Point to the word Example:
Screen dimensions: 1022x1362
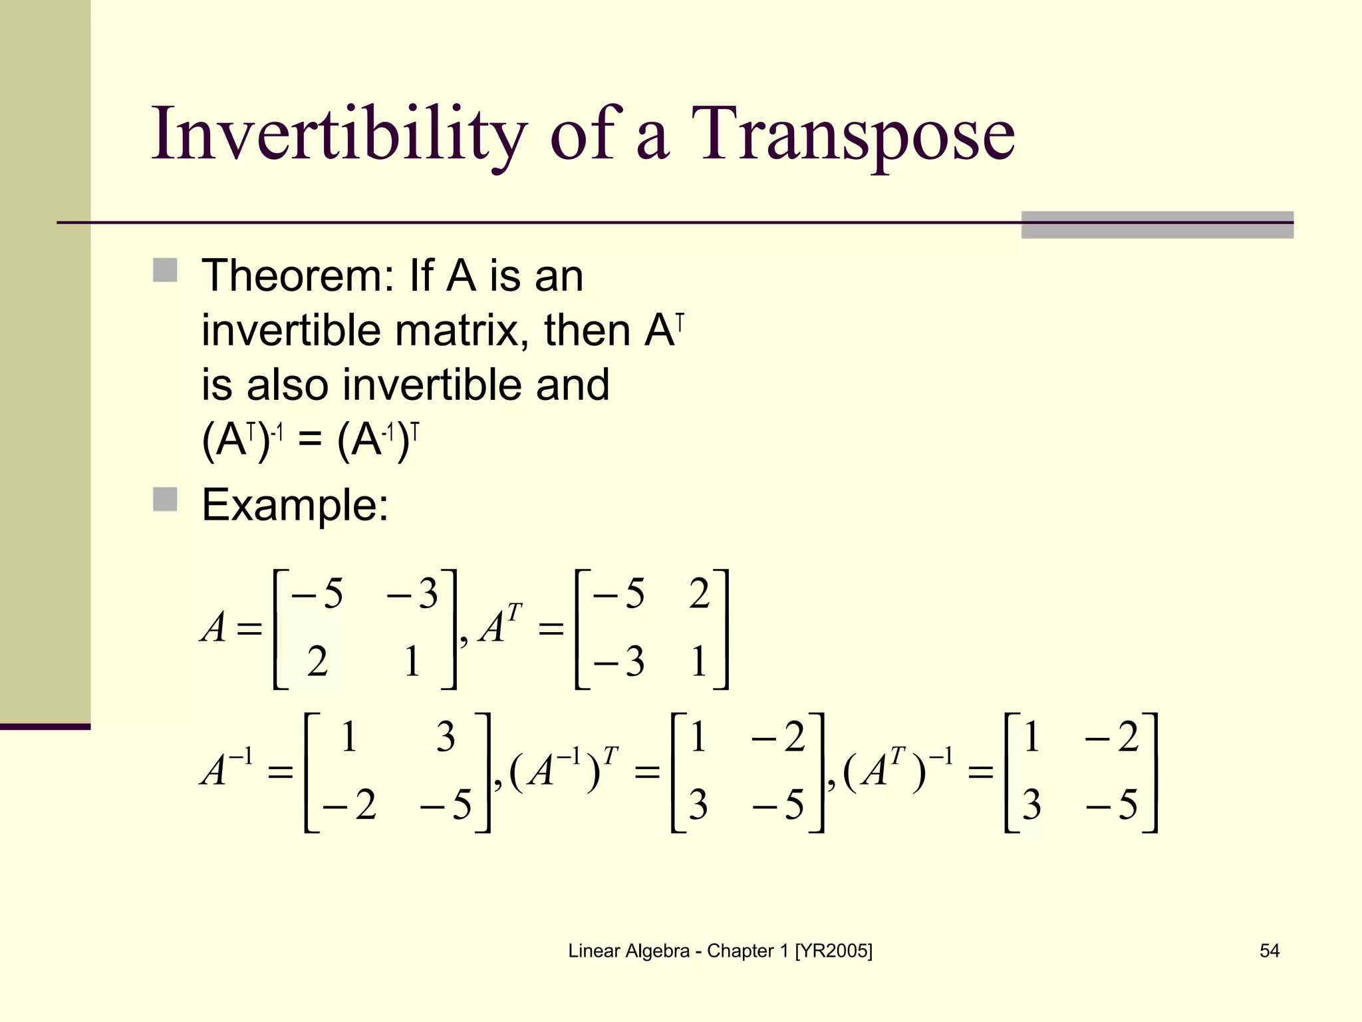pos(295,505)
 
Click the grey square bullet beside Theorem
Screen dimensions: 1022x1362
pos(165,271)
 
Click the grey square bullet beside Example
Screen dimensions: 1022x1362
pos(165,500)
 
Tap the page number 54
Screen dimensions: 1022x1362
pos(1269,951)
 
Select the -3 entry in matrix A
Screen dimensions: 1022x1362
pos(412,594)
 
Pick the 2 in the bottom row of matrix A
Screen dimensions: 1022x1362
pos(317,662)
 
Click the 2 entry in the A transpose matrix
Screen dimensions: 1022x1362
pos(699,594)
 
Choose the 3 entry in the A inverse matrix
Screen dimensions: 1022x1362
pos(446,737)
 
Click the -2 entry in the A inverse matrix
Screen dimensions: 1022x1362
pos(349,805)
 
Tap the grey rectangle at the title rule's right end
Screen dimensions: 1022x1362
pos(1157,225)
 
